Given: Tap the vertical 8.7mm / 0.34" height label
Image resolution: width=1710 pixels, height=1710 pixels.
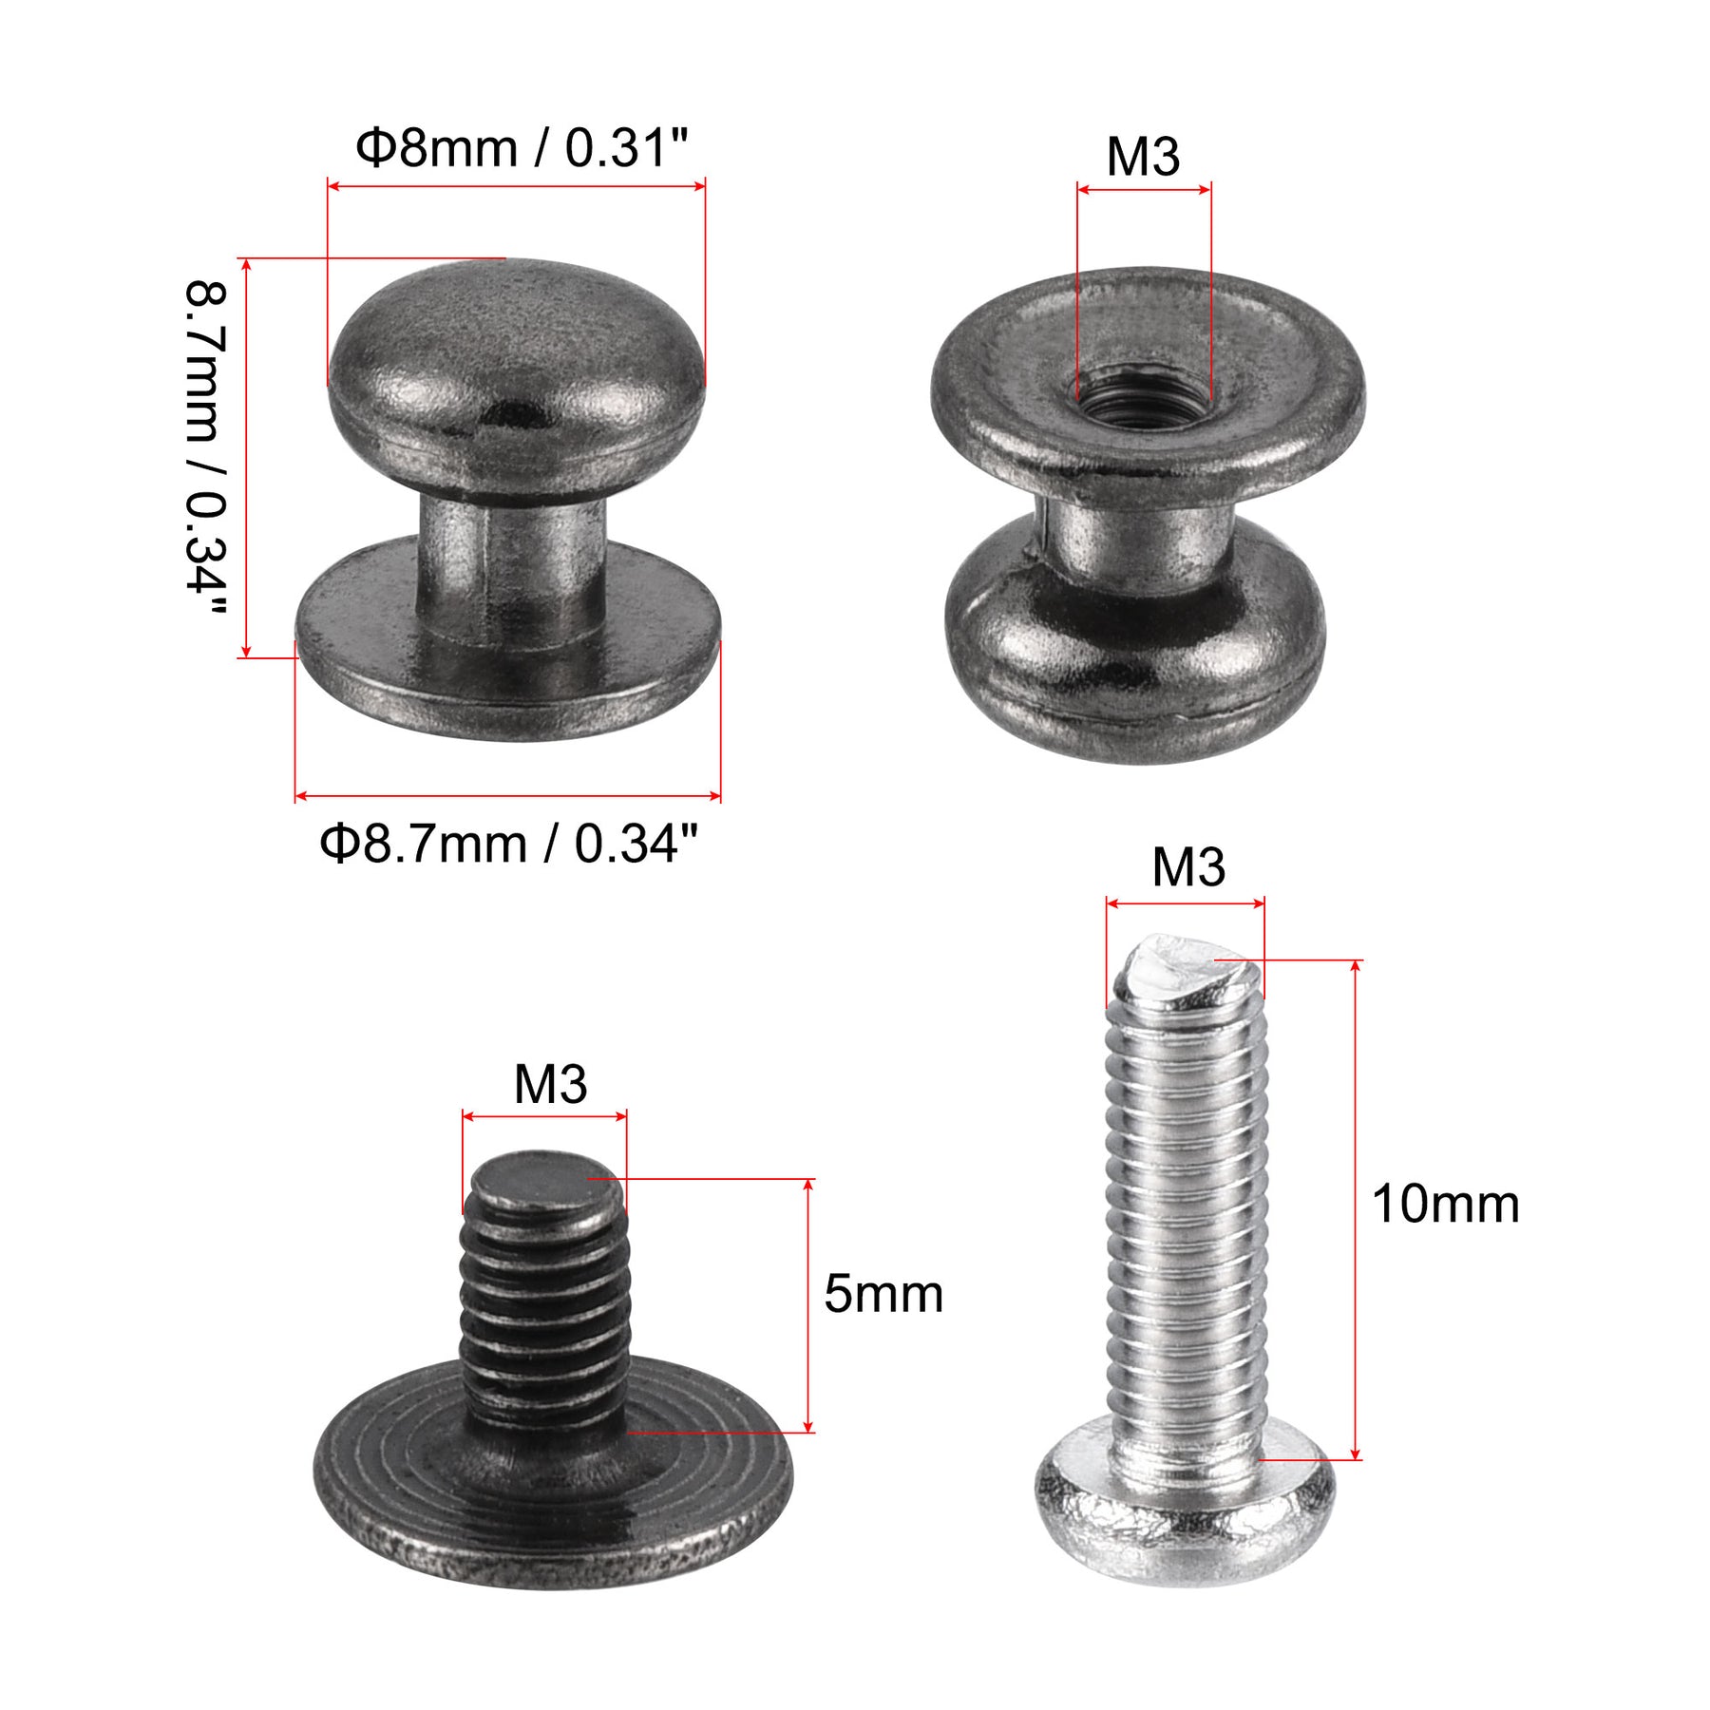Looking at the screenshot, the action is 206,448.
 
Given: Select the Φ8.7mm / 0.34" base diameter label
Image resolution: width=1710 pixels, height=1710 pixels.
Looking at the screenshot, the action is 508,844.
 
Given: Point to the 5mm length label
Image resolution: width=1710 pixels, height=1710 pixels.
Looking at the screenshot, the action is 883,1294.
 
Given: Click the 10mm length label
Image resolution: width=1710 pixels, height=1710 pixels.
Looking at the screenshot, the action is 1445,1205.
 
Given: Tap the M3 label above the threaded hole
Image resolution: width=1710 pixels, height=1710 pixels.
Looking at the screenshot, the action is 1143,157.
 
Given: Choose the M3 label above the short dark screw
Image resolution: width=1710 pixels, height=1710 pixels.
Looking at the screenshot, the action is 550,1084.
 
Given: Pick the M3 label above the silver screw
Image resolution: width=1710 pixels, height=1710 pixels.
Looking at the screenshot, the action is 1188,867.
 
